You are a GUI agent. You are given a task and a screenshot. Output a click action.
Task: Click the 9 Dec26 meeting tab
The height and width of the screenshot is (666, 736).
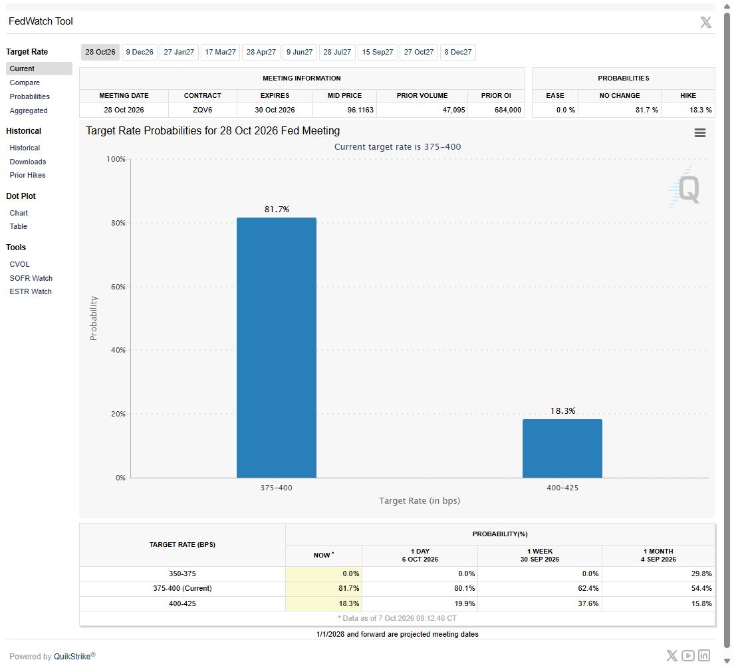(x=140, y=52)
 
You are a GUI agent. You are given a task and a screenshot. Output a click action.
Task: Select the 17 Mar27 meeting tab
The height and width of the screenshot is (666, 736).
(x=220, y=52)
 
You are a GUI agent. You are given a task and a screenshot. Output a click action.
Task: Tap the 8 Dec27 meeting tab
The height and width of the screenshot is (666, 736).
(x=458, y=52)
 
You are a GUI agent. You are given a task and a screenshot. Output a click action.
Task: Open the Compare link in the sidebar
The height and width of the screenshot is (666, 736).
(x=25, y=83)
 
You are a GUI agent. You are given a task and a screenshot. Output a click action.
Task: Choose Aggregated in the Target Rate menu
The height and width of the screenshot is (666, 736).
(x=29, y=111)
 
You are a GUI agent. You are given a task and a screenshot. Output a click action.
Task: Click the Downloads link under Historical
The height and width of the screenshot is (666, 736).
(x=28, y=162)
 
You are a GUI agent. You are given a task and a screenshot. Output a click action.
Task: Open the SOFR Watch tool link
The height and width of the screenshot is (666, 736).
(x=31, y=278)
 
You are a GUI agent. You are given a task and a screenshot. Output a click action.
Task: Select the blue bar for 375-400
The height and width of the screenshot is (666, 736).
(x=277, y=347)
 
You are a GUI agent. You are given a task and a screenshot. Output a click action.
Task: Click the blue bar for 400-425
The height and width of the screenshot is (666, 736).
(x=562, y=448)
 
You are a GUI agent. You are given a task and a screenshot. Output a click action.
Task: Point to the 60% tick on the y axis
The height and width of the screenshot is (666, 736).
(x=118, y=287)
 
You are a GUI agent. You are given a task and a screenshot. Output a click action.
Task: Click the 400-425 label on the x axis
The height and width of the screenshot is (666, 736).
(x=562, y=488)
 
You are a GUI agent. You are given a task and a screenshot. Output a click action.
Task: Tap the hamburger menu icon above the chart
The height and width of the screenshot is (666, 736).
(x=700, y=133)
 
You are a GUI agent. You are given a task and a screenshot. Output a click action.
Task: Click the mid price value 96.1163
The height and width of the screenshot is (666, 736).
(x=360, y=110)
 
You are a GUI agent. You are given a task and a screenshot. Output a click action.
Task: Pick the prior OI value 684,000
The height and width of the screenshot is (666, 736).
(x=508, y=110)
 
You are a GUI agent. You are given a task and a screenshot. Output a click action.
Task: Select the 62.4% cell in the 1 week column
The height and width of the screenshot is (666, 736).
(x=588, y=589)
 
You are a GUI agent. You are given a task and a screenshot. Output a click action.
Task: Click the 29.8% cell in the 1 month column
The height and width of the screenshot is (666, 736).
(x=701, y=574)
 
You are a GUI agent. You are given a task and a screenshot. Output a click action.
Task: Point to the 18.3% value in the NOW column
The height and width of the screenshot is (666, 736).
(x=349, y=603)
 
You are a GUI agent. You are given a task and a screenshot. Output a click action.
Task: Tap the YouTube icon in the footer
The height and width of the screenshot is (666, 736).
(x=688, y=655)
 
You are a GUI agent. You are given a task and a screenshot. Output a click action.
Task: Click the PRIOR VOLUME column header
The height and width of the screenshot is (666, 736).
(x=422, y=95)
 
